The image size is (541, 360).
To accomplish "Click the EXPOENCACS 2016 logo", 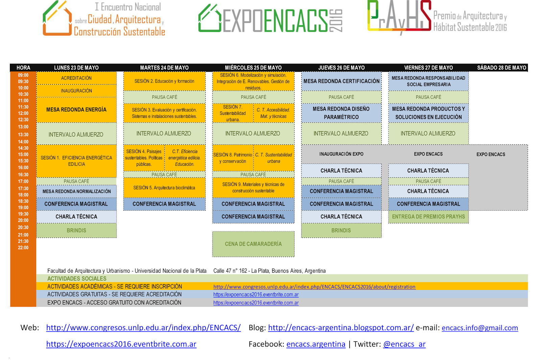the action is [270, 19].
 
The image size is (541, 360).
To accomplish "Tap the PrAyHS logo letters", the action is [399, 17].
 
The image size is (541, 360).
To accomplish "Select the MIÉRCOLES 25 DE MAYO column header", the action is [253, 68].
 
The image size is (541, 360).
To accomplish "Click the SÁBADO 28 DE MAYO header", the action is [501, 68].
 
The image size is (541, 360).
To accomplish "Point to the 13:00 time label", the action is [23, 127].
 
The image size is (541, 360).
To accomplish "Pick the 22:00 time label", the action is [23, 248].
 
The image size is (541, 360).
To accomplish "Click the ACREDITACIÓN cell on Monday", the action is [76, 78].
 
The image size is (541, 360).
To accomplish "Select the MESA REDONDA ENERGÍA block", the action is [76, 110].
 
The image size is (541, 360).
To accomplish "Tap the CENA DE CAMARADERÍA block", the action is [253, 244].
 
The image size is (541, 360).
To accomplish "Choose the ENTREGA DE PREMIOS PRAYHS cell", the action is [428, 217].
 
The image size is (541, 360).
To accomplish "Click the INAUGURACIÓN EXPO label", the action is [341, 154].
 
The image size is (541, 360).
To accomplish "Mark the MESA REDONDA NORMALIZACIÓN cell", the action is [76, 192].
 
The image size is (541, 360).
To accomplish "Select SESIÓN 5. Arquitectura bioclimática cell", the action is [164, 188].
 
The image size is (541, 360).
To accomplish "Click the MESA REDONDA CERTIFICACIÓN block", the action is [341, 81].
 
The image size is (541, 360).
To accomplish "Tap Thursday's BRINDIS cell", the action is [341, 230].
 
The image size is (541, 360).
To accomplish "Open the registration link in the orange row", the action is [314, 287].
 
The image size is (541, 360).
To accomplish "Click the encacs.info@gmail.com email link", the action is [479, 328].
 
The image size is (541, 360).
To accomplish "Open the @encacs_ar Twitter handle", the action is [404, 344].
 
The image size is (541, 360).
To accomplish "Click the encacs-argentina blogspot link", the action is [340, 328].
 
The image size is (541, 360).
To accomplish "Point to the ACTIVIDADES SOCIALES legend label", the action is [77, 278].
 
